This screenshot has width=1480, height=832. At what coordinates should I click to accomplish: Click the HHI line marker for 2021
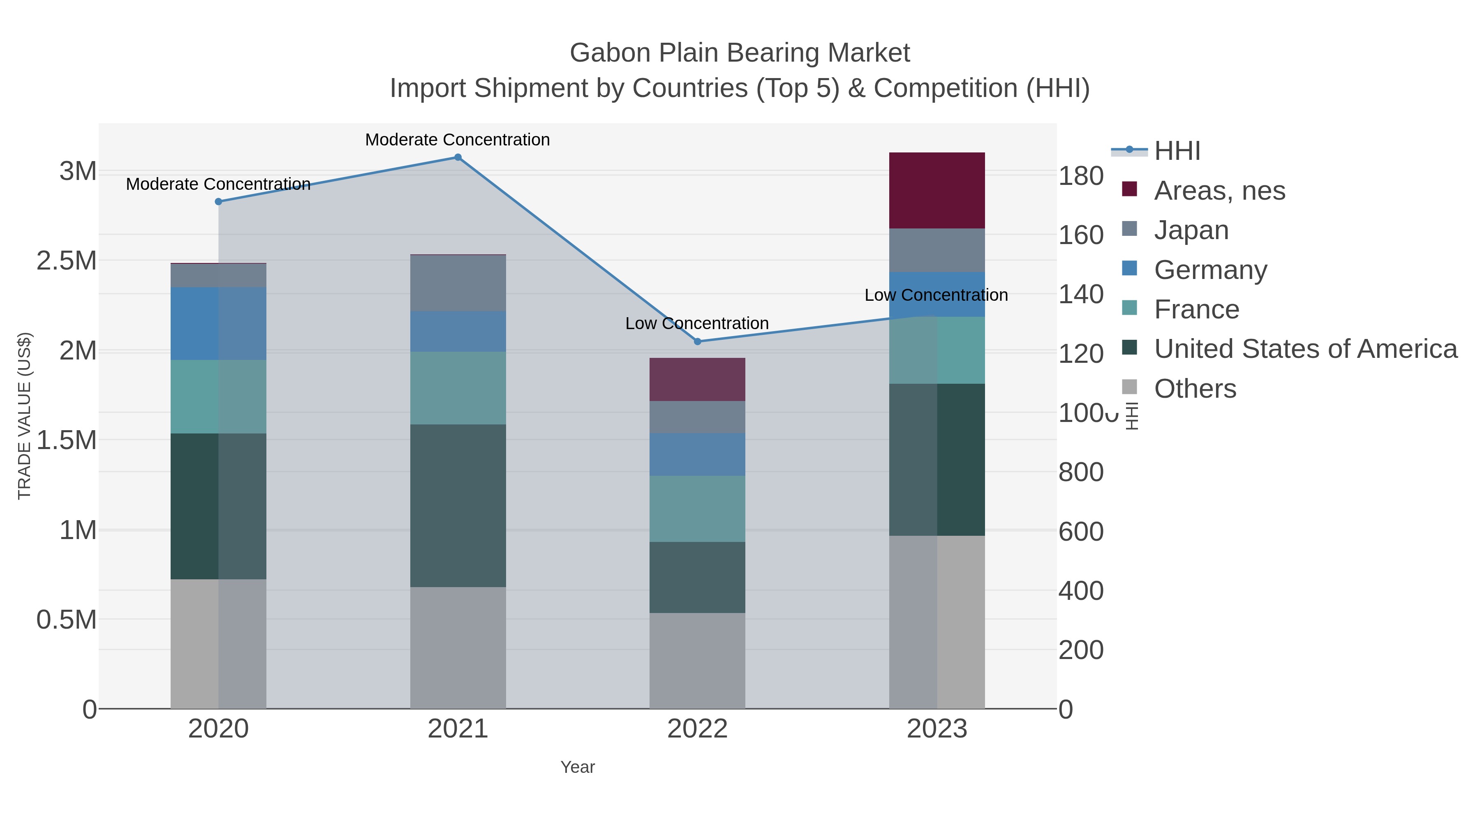[458, 157]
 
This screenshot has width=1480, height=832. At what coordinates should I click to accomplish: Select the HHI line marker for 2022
[698, 342]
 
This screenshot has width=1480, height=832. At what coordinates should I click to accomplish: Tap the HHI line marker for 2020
[218, 202]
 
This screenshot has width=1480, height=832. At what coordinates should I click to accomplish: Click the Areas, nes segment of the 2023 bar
[937, 191]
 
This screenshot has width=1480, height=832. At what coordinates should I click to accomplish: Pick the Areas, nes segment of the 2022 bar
[698, 380]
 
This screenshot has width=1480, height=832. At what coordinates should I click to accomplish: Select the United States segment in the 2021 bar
[458, 505]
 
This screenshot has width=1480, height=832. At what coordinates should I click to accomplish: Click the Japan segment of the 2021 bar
[458, 283]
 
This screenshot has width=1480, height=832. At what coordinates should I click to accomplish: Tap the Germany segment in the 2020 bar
[218, 324]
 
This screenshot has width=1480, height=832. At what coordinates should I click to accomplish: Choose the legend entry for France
[1196, 309]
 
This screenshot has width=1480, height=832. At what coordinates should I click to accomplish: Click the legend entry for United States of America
[1305, 349]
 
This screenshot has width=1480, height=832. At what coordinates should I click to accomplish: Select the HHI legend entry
[1177, 151]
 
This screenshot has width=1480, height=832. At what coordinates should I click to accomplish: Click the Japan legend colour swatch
[1130, 228]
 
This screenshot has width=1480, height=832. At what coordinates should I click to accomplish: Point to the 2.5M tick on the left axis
[67, 260]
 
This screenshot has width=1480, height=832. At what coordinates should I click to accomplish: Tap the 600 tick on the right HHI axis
[1081, 531]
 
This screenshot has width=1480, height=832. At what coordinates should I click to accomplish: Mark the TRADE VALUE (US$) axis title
[24, 416]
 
